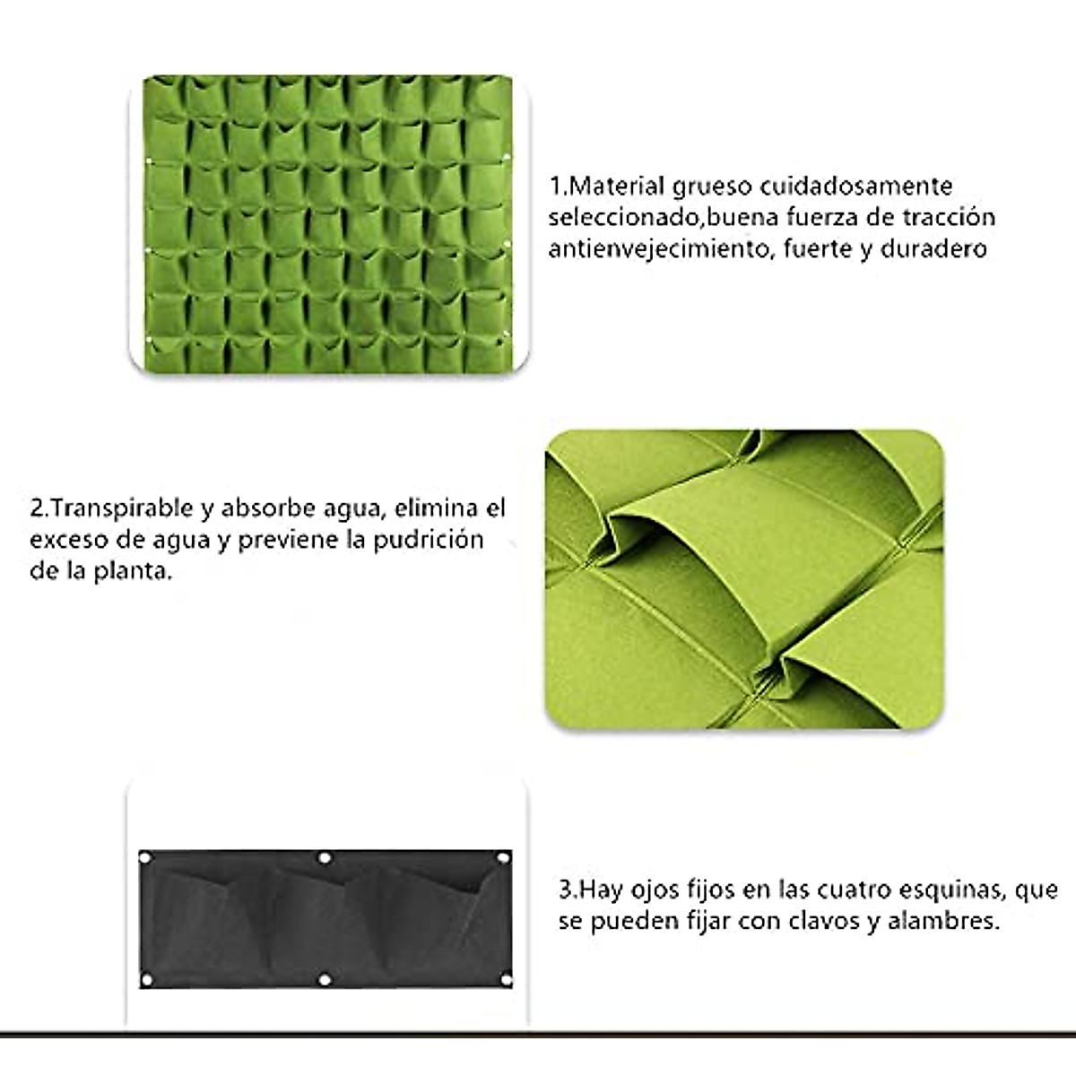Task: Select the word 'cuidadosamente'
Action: pos(856,187)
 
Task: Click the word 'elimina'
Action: pos(438,509)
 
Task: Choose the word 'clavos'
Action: pos(822,921)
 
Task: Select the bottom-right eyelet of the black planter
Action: pos(502,979)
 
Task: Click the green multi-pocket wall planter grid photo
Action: pos(328,224)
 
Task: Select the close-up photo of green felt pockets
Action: pos(744,579)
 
